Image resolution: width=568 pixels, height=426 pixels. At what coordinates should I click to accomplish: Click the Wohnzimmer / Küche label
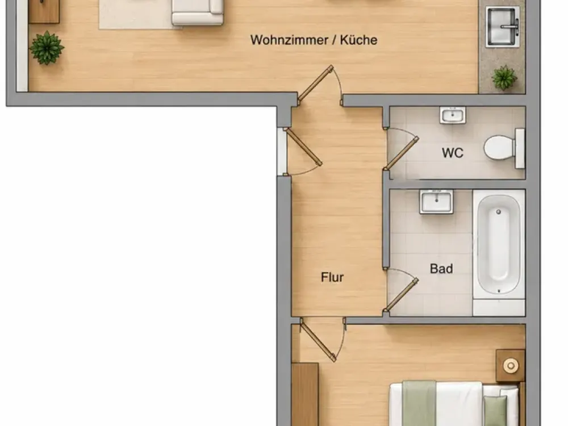(x=314, y=40)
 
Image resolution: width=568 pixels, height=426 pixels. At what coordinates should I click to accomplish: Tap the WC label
(x=453, y=153)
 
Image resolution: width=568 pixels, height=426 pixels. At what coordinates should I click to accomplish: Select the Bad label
(x=441, y=269)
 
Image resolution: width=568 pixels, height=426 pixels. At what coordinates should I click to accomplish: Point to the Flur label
(x=332, y=277)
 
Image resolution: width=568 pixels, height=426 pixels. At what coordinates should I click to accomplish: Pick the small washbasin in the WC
(x=453, y=115)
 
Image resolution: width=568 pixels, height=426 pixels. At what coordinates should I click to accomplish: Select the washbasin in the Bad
(x=436, y=202)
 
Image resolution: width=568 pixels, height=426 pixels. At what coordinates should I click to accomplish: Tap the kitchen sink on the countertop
(x=503, y=27)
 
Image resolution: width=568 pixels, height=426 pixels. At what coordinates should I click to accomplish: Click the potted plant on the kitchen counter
(x=504, y=77)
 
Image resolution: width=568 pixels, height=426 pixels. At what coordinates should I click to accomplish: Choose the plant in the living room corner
(x=47, y=48)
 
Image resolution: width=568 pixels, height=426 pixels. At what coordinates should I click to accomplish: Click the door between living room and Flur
(x=315, y=83)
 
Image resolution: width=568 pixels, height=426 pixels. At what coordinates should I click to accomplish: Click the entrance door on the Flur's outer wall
(x=303, y=147)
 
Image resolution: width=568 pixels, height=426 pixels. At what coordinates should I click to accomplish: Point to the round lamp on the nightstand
(x=511, y=365)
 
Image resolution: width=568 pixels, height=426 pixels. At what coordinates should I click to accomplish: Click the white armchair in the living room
(x=198, y=12)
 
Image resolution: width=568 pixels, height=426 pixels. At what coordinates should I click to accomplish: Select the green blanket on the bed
(x=420, y=403)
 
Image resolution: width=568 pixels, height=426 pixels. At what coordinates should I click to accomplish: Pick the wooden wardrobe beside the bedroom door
(x=305, y=395)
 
